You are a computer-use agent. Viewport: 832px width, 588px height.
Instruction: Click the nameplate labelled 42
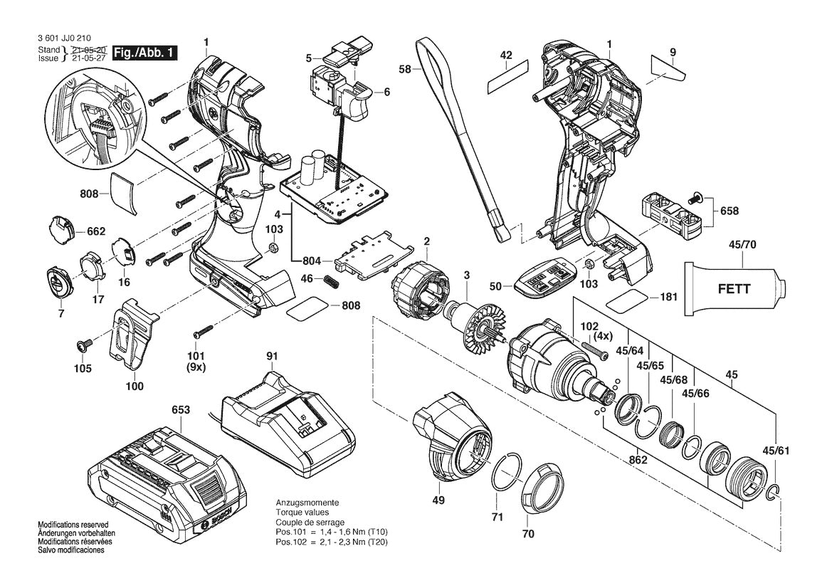pyautogui.click(x=507, y=77)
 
